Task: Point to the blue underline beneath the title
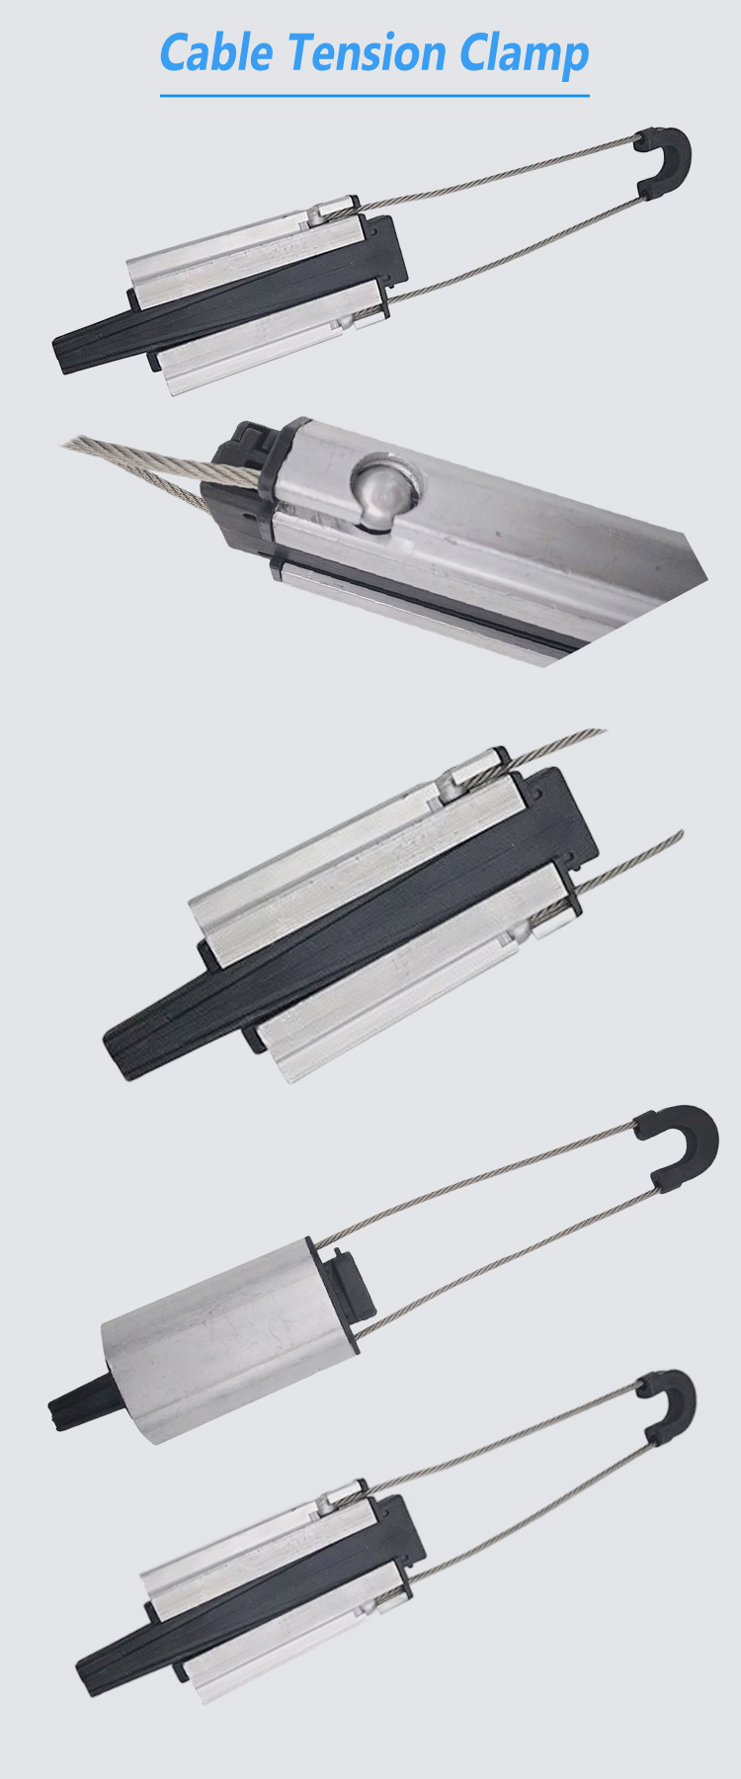pyautogui.click(x=374, y=96)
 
